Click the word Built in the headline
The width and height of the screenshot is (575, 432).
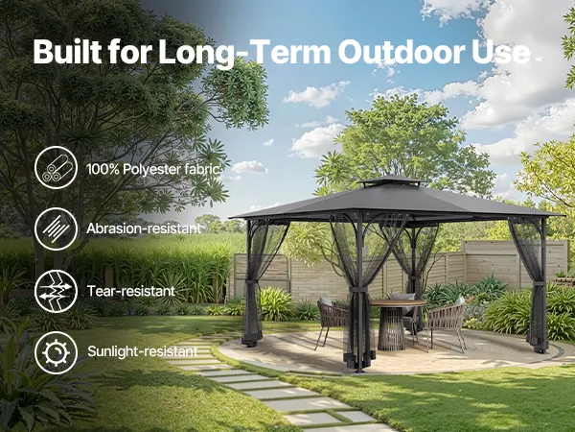click(67, 52)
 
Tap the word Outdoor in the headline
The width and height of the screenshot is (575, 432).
click(400, 52)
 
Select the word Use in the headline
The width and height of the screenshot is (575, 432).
click(500, 52)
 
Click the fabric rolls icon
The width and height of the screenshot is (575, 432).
click(57, 168)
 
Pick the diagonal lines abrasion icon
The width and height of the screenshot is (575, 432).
click(57, 229)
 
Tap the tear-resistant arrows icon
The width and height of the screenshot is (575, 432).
click(57, 291)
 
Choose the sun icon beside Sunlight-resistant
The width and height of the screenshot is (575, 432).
click(57, 352)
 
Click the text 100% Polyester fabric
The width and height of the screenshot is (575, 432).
click(153, 169)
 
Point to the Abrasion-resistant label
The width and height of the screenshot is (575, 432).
click(144, 228)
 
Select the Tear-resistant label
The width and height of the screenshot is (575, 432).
click(131, 291)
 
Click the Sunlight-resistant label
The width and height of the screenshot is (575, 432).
click(143, 351)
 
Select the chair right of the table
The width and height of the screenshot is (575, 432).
click(447, 324)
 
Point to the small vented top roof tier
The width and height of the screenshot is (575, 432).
click(392, 181)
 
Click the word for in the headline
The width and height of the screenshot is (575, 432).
click(130, 52)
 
